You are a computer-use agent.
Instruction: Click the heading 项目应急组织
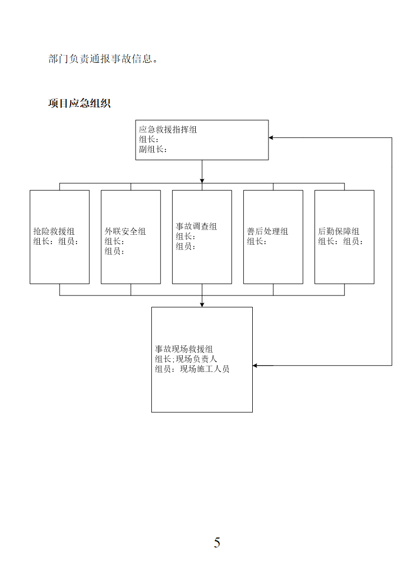coord(79,103)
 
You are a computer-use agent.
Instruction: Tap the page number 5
coord(217,542)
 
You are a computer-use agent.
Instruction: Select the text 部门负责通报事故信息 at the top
coord(100,59)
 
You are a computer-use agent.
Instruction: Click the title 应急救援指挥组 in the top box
coord(168,129)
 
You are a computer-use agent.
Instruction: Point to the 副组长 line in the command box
coord(153,149)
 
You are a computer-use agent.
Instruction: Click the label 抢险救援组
coord(54,231)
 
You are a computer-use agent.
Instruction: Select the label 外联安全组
coord(125,231)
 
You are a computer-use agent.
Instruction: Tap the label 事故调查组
coord(196,226)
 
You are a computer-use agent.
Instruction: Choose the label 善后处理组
coord(267,231)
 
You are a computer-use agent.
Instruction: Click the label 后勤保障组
coord(339,231)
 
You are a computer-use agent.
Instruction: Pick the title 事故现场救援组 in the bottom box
coord(184,349)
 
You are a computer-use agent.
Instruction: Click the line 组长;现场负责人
coord(186,359)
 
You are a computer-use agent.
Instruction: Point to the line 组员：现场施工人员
coord(192,369)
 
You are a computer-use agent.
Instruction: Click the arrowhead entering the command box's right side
coord(271,137)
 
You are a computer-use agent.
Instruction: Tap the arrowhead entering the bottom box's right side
coord(255,365)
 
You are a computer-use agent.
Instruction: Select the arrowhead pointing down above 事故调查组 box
coord(202,181)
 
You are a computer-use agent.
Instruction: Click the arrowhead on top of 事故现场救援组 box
coord(202,304)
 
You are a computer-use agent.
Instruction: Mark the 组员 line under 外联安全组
coord(115,251)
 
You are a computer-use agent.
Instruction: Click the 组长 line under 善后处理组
coord(257,242)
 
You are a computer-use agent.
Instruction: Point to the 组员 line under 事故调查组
coord(186,246)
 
